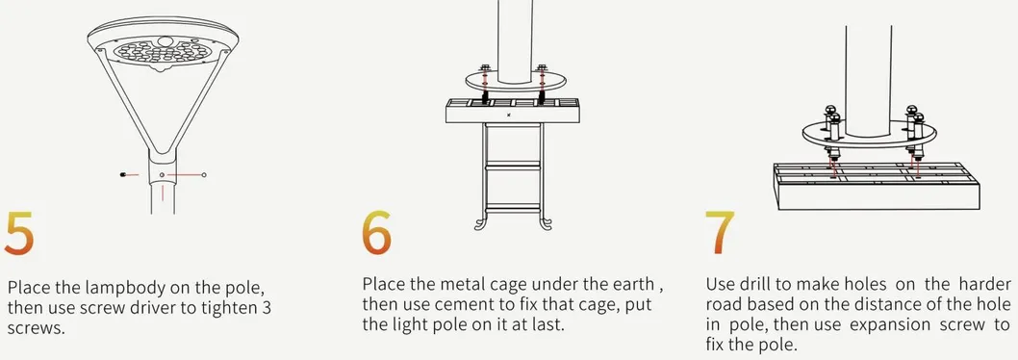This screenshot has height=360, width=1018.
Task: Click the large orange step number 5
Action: tap(18, 233)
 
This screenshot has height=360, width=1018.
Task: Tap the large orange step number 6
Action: tap(376, 233)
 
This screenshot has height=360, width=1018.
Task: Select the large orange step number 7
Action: tap(720, 233)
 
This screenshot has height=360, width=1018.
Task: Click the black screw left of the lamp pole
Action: tap(124, 175)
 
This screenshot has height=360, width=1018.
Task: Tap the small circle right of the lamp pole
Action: tap(205, 174)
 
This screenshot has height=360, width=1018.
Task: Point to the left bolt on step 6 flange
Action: tap(484, 69)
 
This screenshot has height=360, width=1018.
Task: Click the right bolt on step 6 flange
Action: tap(542, 69)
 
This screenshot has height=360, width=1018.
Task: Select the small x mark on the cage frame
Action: tap(509, 115)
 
